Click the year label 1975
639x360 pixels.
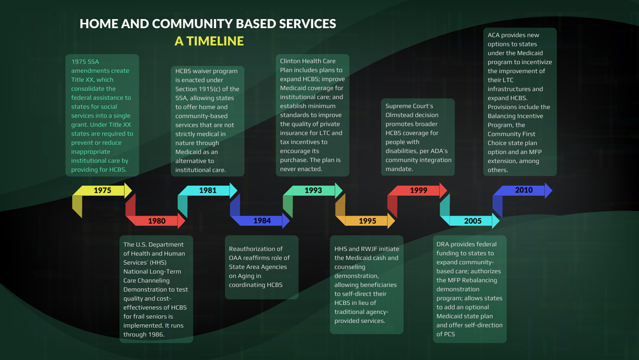(102, 191)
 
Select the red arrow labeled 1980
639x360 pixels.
(157, 221)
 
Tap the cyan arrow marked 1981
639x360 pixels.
(207, 191)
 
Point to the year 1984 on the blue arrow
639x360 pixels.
(261, 221)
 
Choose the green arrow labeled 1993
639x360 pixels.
(313, 191)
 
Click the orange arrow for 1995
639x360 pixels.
(367, 221)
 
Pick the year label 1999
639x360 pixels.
(419, 191)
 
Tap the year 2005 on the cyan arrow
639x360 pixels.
(473, 221)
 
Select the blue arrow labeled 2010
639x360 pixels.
(524, 191)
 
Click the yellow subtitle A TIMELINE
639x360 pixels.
(209, 41)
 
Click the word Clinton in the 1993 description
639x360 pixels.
(291, 61)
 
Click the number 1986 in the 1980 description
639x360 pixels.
(155, 334)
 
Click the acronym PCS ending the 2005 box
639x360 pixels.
(443, 334)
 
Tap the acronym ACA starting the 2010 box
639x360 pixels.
(494, 35)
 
